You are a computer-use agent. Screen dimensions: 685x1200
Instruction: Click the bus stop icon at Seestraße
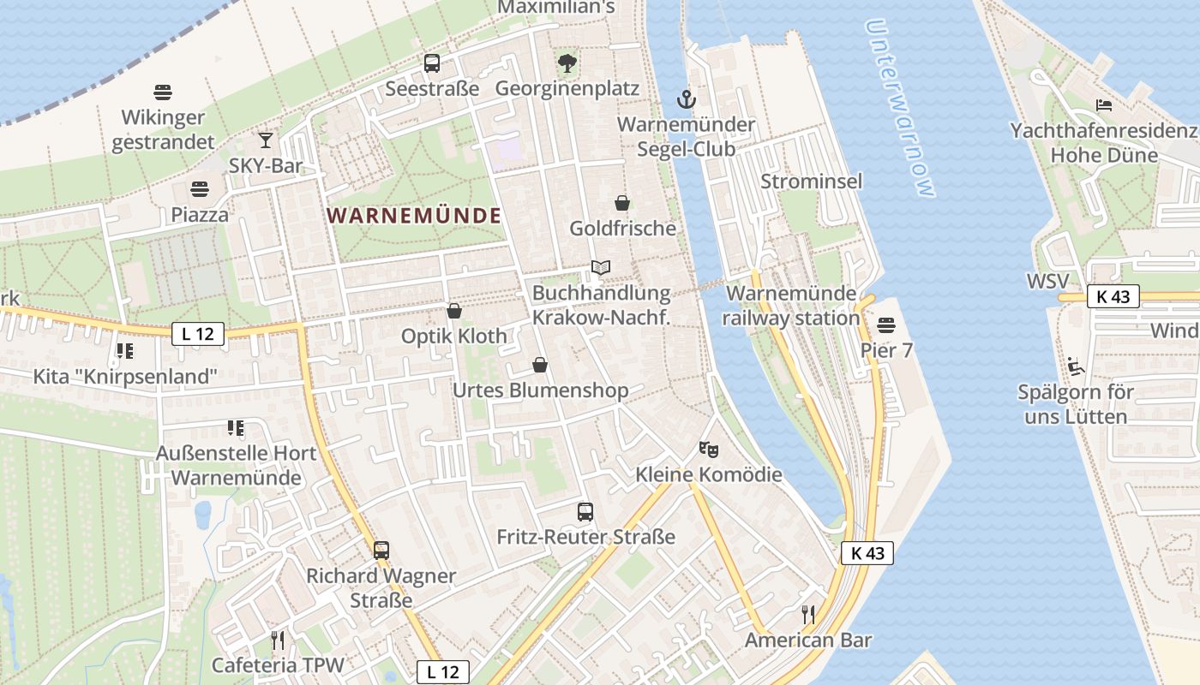[432, 63]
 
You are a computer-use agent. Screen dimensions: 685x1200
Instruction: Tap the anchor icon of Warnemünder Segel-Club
[686, 99]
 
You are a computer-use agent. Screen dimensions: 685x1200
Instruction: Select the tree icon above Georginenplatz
[567, 63]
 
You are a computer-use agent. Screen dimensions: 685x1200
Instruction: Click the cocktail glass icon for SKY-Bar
[266, 140]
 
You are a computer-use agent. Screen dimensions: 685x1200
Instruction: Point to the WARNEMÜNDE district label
[414, 216]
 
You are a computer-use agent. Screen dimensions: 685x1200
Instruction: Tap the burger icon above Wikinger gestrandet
[163, 92]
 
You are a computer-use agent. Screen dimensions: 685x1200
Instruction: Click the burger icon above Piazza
[200, 188]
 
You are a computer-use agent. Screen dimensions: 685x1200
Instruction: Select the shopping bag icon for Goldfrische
[622, 203]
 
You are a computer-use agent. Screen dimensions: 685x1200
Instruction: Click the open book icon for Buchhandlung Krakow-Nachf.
[601, 268]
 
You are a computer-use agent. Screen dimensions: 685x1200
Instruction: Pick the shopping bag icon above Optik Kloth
[454, 311]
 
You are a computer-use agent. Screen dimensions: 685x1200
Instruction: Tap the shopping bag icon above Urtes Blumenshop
[540, 366]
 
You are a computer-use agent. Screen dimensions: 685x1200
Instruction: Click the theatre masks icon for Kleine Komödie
[708, 449]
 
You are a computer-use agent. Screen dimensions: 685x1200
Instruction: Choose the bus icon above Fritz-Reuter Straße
[585, 512]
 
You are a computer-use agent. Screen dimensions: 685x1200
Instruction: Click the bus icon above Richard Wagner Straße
[381, 550]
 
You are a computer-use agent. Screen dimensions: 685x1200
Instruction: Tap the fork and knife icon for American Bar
[807, 614]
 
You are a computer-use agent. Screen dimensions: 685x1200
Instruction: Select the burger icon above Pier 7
[886, 325]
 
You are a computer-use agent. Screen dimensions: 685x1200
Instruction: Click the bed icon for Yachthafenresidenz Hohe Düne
[1104, 105]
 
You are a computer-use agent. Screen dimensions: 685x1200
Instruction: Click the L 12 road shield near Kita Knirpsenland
[198, 334]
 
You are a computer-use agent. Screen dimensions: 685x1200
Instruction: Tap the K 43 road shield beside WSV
[1113, 296]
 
